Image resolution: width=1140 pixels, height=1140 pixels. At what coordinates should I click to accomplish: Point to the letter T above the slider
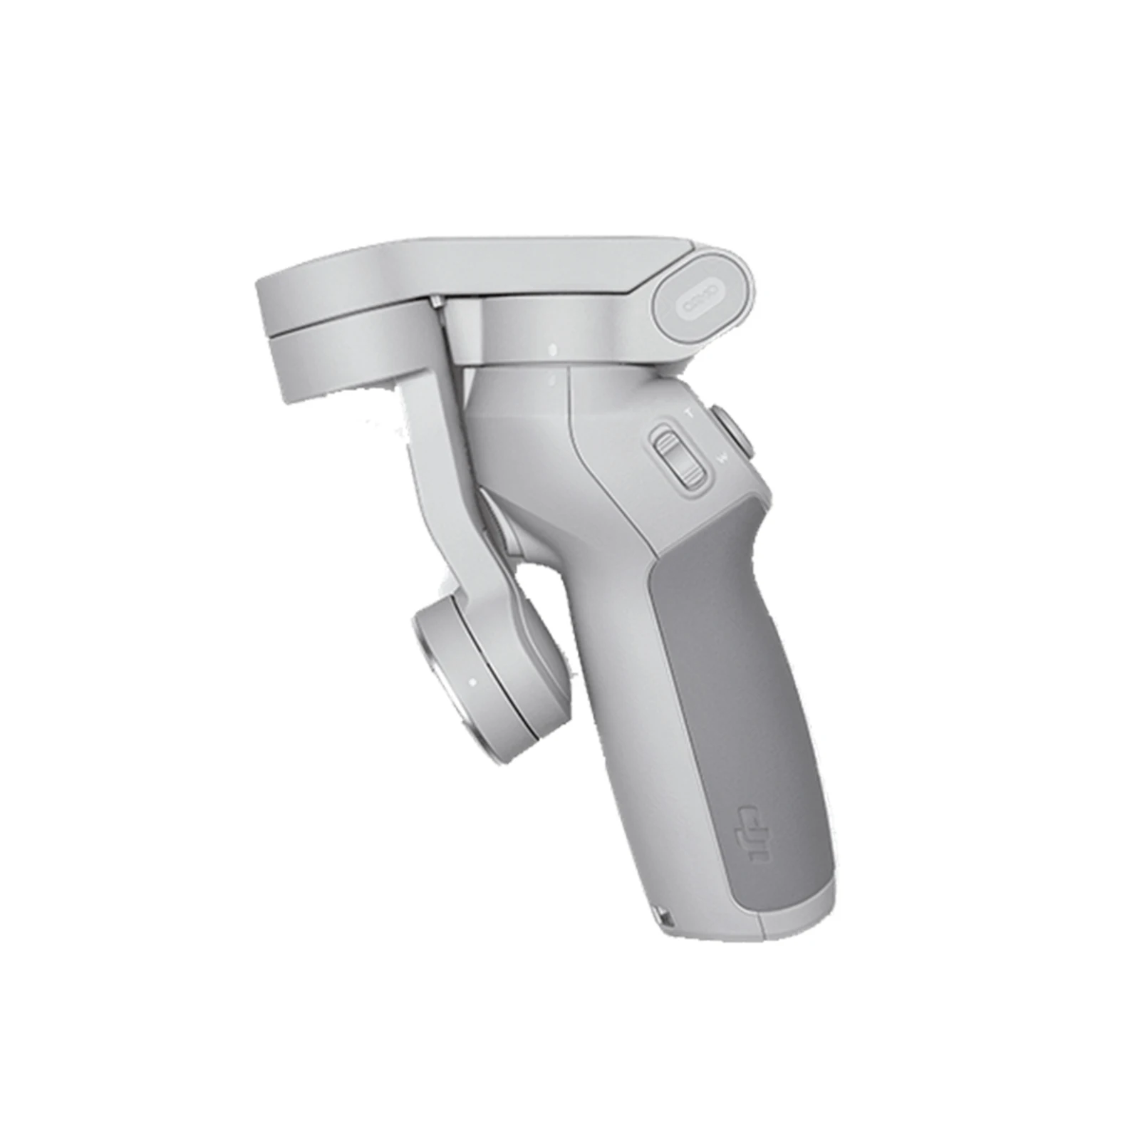[688, 412]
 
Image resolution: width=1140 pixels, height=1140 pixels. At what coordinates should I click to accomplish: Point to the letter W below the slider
[724, 458]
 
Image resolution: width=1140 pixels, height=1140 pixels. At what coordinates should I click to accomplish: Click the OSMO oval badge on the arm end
[703, 294]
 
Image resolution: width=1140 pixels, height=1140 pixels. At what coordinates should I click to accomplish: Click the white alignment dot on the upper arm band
[553, 350]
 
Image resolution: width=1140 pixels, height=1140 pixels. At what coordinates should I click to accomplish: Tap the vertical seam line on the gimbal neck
[569, 406]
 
